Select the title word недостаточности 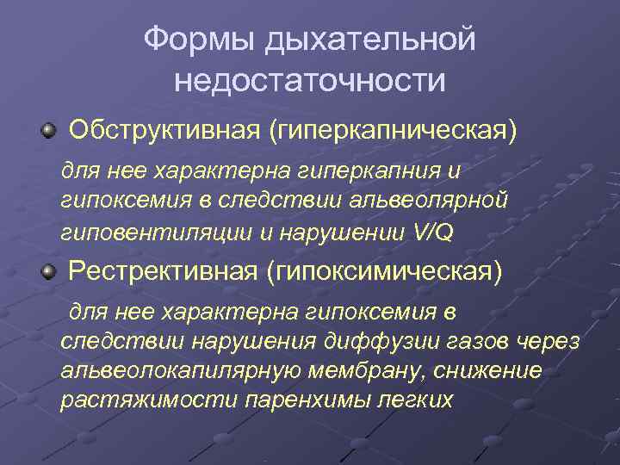[x=309, y=81]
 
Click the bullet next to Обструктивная [x=49, y=131]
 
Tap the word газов [x=467, y=341]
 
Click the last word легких [x=412, y=400]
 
